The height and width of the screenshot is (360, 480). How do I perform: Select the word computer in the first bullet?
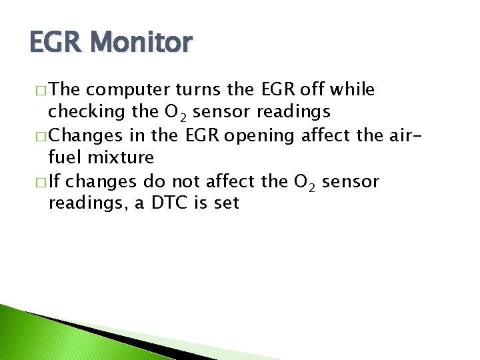point(127,90)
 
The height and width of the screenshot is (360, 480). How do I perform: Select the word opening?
point(263,135)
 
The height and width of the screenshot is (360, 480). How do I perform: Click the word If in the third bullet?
point(55,181)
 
